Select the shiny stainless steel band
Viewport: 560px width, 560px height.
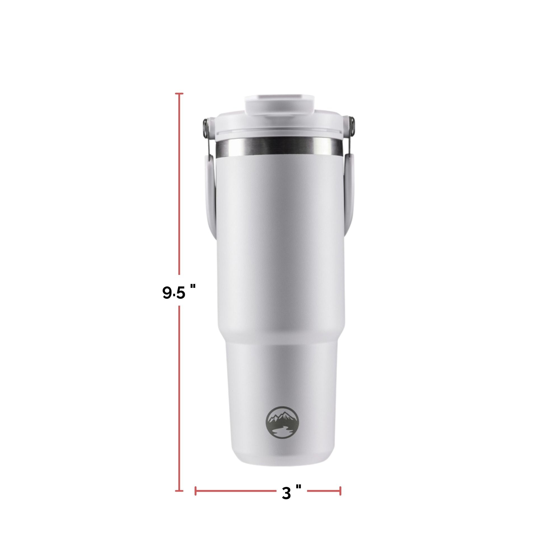[x=280, y=148]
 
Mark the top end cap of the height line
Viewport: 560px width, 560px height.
[x=179, y=94]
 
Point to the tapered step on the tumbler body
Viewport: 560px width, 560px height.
[x=280, y=333]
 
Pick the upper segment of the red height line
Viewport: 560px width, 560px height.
[x=179, y=183]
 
